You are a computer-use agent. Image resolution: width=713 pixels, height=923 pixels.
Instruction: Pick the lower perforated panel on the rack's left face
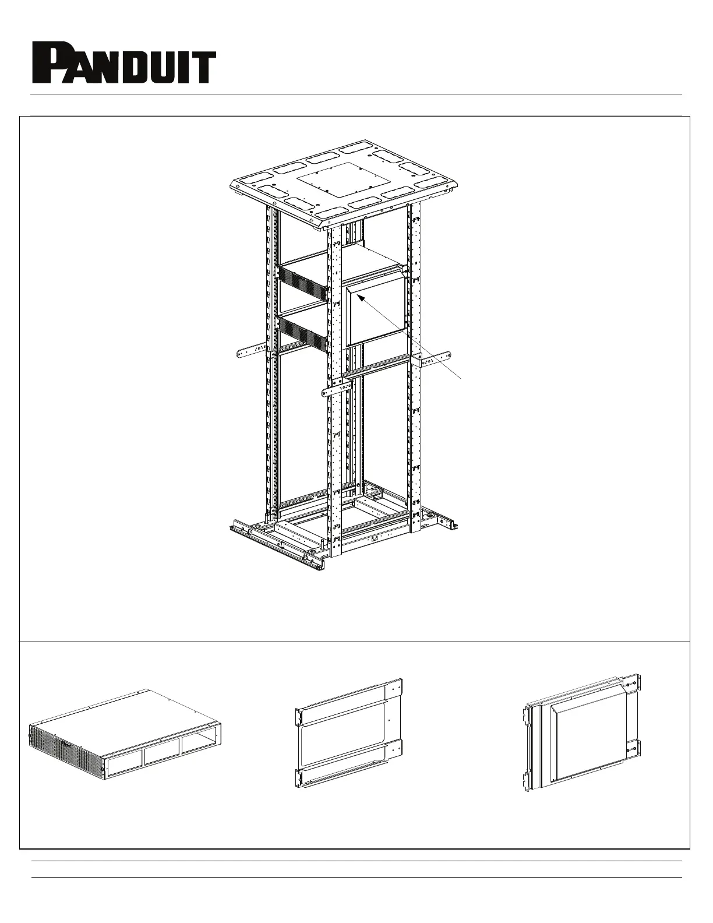305,333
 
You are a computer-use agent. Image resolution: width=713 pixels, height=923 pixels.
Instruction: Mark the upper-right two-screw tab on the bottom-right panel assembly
631,686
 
